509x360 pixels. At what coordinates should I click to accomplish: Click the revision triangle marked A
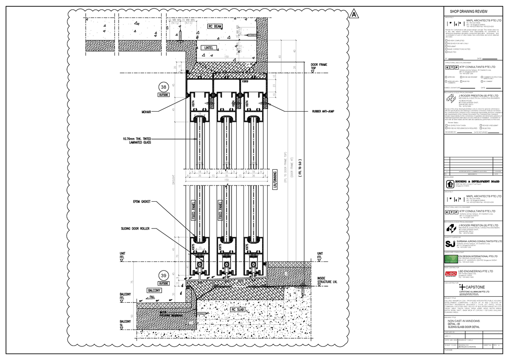(x=353, y=15)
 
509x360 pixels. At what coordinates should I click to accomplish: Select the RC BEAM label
(x=215, y=26)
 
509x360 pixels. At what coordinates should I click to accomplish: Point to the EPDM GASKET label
(x=140, y=202)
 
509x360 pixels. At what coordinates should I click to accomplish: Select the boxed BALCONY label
(x=154, y=290)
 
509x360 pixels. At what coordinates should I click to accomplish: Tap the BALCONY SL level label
(x=125, y=323)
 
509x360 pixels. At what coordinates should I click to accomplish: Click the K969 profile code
(x=245, y=81)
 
